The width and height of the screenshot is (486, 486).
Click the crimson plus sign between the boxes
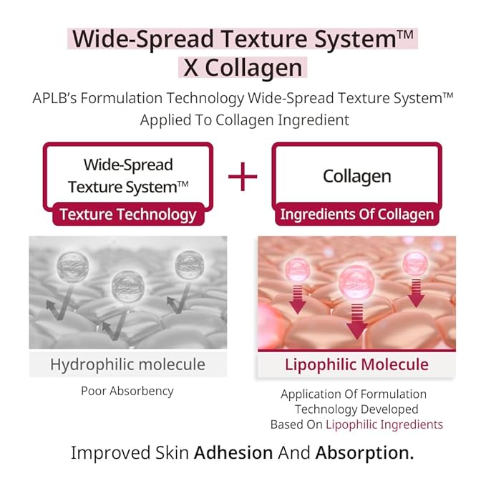pos(243,177)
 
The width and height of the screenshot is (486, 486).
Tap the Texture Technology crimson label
pos(127,214)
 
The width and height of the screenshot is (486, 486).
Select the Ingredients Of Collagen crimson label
pos(356,214)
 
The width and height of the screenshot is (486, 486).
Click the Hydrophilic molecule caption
pos(127,364)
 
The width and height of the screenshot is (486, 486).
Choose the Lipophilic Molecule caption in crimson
pos(356,364)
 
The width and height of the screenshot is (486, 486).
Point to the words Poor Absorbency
pos(127,391)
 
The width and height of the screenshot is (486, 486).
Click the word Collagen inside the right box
pos(356,175)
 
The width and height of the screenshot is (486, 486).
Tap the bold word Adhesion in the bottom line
pos(233,453)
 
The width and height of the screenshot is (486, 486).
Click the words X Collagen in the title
pos(243,67)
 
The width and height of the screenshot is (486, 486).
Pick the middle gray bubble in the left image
pos(127,285)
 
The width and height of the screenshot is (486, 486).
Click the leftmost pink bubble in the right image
pos(298,269)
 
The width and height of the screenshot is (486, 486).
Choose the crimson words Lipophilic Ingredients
pos(384,424)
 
